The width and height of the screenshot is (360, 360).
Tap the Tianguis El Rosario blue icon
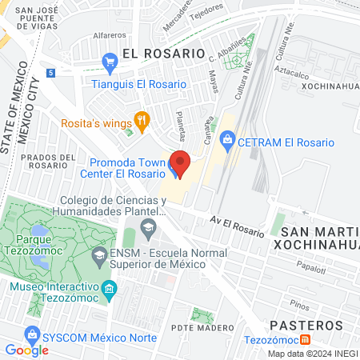(x=110, y=62)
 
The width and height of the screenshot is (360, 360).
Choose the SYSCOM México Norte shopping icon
(x=32, y=332)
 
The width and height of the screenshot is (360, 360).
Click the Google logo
(x=26, y=350)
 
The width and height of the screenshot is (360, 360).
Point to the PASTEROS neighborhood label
(x=307, y=325)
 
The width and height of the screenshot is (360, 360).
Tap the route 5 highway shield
(x=50, y=73)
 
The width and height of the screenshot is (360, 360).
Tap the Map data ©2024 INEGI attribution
(x=312, y=354)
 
